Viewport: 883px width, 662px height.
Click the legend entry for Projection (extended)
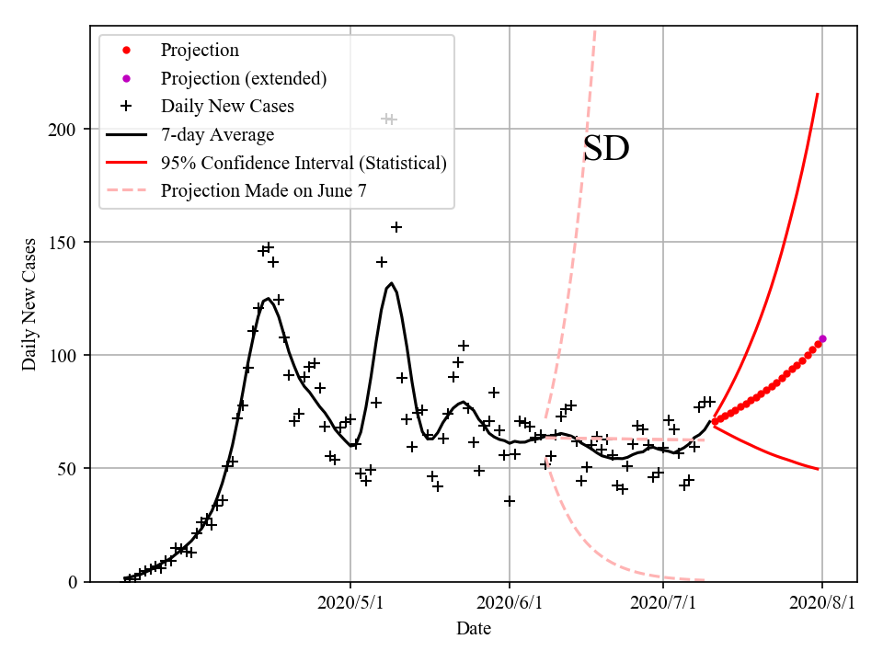pos(243,78)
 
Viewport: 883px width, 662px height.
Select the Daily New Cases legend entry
pos(227,106)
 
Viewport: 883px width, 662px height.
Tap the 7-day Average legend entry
pos(217,134)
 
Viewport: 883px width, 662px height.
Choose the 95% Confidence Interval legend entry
pos(304,163)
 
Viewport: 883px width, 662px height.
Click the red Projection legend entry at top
pos(200,50)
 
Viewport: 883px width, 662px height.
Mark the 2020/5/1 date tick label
pos(350,603)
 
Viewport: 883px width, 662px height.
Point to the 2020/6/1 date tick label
pos(509,603)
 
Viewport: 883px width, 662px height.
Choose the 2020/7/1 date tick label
pos(663,603)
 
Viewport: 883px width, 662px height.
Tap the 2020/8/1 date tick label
pos(822,603)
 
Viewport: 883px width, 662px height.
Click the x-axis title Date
pos(474,629)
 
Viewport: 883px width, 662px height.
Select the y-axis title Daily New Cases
pos(30,304)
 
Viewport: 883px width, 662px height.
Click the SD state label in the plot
pos(606,149)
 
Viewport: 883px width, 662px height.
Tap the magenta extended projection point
pos(822,338)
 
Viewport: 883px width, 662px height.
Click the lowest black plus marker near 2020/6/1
pos(510,501)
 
